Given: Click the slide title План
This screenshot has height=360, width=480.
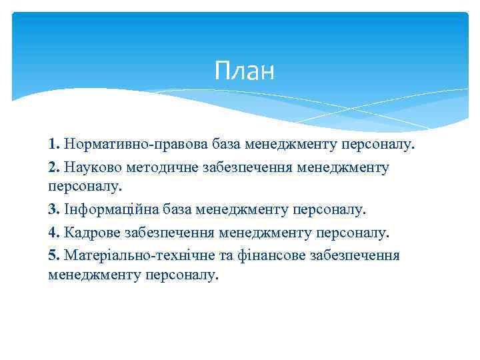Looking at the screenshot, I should (245, 71).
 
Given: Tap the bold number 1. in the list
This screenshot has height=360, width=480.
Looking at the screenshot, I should (55, 143).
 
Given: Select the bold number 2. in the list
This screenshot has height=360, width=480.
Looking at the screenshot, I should (55, 167).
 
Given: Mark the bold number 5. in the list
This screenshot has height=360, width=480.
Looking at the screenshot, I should (55, 255).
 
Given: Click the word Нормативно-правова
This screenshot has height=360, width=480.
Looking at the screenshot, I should (137, 143).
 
